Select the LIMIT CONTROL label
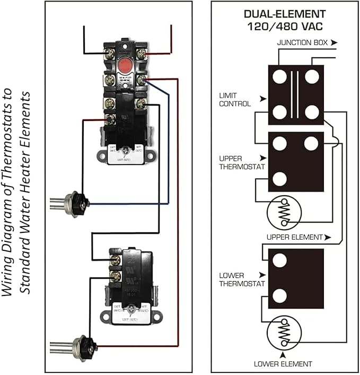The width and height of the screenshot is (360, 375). pos(234,99)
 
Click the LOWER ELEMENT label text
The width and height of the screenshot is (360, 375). pos(283,364)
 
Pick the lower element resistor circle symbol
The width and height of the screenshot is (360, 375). pos(284,333)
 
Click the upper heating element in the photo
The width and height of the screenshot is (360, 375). pos(74,202)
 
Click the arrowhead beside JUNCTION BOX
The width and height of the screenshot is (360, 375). pos(333,41)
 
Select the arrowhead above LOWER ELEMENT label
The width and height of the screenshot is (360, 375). pos(283,354)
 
